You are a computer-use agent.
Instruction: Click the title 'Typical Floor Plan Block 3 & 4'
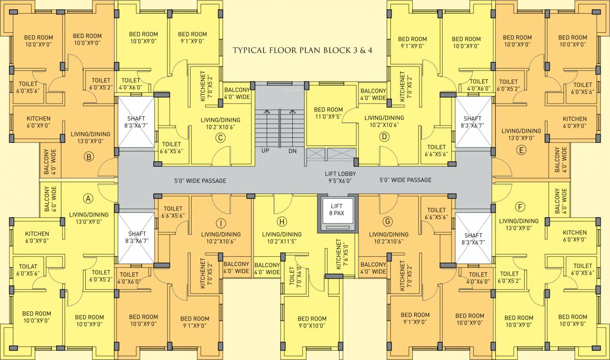point(302,50)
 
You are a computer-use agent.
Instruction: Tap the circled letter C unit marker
point(220,138)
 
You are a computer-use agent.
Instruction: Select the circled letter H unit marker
point(282,222)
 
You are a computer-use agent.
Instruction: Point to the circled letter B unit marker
point(89,157)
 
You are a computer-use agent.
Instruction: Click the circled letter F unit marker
point(520,207)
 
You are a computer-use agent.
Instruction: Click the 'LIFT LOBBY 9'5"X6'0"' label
point(341,177)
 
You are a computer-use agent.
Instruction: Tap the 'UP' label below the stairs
point(265,151)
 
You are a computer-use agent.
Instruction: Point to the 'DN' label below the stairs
point(292,151)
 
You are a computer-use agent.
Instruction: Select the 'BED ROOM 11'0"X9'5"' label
point(328,113)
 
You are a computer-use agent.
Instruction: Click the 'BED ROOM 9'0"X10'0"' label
point(312,322)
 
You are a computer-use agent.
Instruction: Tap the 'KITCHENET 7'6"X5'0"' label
point(342,254)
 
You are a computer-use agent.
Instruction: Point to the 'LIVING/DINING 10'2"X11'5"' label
point(282,238)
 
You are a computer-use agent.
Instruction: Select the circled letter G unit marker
point(387,222)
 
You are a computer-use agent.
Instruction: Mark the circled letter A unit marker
point(88,199)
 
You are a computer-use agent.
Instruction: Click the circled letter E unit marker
point(521,150)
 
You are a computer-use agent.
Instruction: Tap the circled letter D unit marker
point(384,137)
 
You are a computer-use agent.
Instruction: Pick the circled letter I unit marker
point(221,224)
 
